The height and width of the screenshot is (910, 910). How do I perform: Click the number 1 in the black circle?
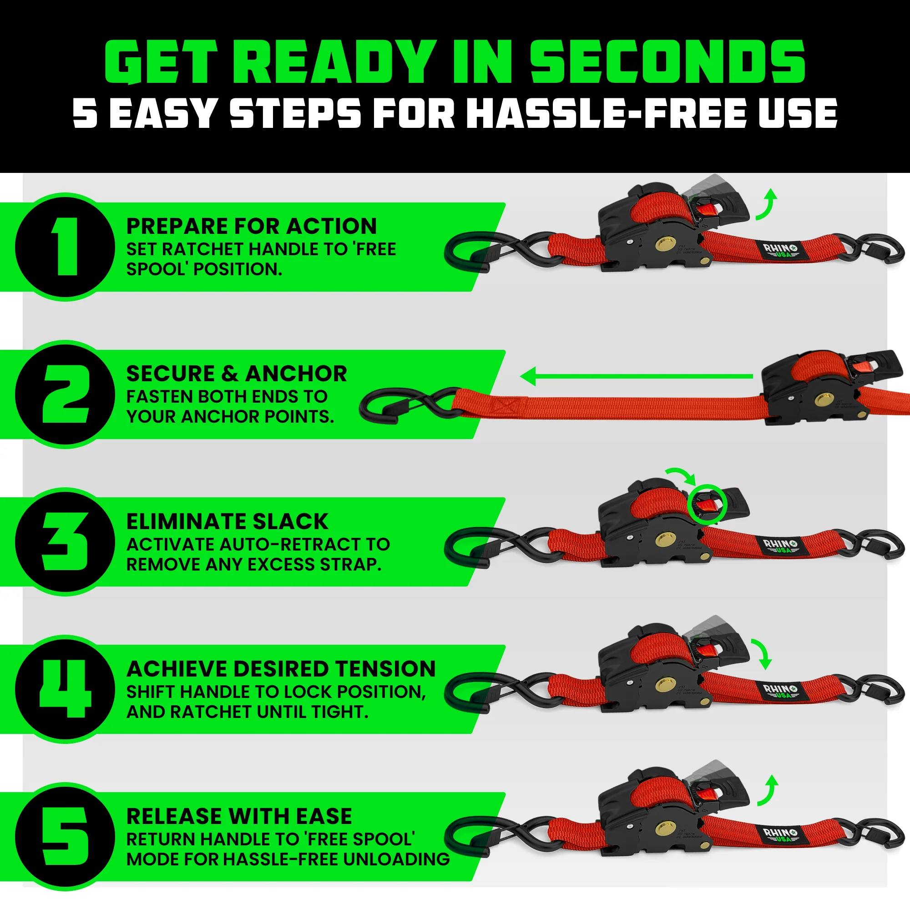coord(66,247)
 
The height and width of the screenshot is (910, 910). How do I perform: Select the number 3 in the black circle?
coord(66,541)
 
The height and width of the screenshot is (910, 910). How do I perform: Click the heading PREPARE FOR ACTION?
coord(252,226)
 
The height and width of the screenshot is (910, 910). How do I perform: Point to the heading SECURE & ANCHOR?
coord(237,374)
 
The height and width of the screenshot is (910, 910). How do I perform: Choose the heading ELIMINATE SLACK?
coord(227,521)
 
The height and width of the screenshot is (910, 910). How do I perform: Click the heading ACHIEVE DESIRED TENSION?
coord(281,669)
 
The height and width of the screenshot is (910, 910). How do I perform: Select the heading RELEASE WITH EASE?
coord(239,816)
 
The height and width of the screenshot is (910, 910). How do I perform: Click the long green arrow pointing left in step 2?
coord(636,376)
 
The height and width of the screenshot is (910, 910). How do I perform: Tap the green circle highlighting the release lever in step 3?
coord(707,505)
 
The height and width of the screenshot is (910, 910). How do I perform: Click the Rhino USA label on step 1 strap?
coord(780,250)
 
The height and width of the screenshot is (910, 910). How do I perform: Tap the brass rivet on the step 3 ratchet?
coord(664,539)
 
